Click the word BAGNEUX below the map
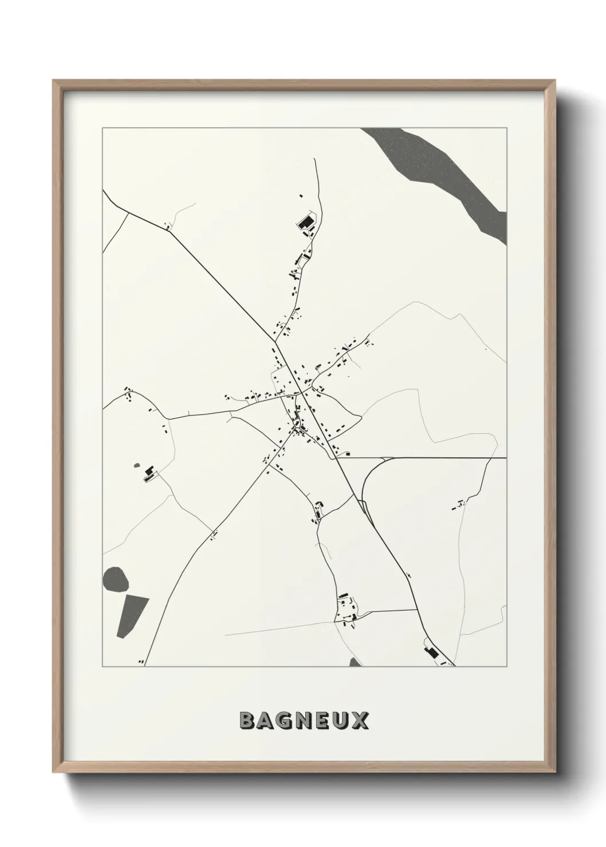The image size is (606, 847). [x=304, y=721]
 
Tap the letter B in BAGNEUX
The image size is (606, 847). [x=247, y=721]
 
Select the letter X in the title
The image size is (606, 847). [x=360, y=721]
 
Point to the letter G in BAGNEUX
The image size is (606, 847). [x=285, y=721]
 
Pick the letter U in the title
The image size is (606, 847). [x=341, y=721]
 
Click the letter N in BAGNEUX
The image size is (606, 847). [x=304, y=721]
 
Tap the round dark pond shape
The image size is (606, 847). [x=115, y=579]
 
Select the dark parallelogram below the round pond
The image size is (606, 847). [x=132, y=615]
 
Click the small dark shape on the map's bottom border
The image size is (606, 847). [x=356, y=662]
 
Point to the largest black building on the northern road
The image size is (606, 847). [x=305, y=221]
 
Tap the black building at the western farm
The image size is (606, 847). [x=149, y=472]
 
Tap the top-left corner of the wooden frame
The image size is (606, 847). [x=54, y=81]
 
